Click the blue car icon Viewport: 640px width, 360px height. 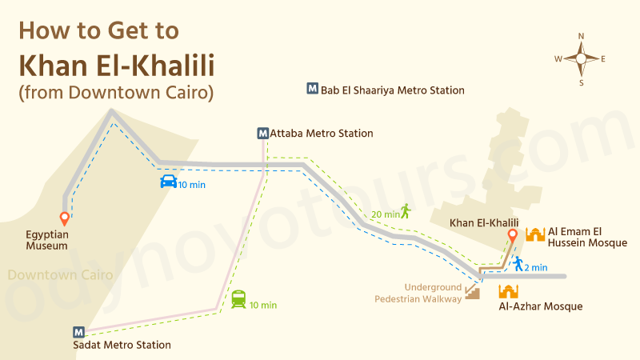pyautogui.click(x=168, y=182)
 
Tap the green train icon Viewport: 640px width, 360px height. pyautogui.click(x=238, y=299)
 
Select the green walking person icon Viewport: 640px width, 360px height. pyautogui.click(x=406, y=210)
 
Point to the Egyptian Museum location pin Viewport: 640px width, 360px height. pyautogui.click(x=64, y=218)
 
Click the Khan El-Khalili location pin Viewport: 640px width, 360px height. pyautogui.click(x=513, y=236)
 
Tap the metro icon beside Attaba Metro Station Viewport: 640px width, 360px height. pyautogui.click(x=263, y=134)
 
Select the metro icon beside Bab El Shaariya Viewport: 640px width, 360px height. pyautogui.click(x=312, y=90)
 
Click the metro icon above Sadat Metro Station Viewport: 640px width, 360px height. pyautogui.click(x=78, y=332)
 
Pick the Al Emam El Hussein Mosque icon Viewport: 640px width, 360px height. pyautogui.click(x=535, y=234)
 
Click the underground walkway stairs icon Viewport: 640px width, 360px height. pyautogui.click(x=473, y=293)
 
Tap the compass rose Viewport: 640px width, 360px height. pyautogui.click(x=581, y=58)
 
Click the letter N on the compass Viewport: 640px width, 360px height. pyautogui.click(x=582, y=35)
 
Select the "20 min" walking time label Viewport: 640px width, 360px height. pyautogui.click(x=385, y=214)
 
